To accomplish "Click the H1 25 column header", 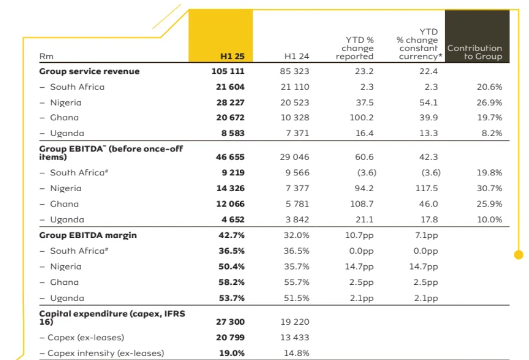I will tap(232, 56).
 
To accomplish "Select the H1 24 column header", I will tap(297, 56).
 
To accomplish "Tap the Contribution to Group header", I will tap(475, 52).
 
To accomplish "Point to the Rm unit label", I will tap(46, 56).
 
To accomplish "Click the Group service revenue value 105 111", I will tap(228, 71).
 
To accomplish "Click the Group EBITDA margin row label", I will tap(88, 235).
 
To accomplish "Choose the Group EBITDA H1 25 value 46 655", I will tap(228, 157).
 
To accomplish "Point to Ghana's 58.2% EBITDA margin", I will tap(231, 282).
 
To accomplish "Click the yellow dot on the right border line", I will tap(519, 254).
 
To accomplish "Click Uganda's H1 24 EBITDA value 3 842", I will tap(297, 219).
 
